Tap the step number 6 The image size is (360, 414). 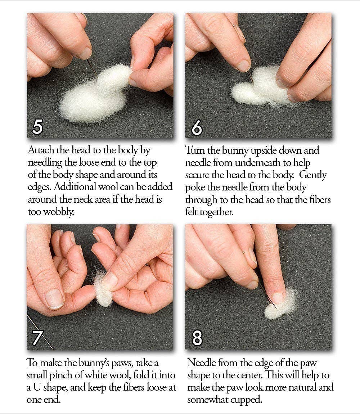click(x=197, y=127)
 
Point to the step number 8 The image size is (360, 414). click(x=197, y=338)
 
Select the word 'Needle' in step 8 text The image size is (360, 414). click(x=201, y=363)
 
